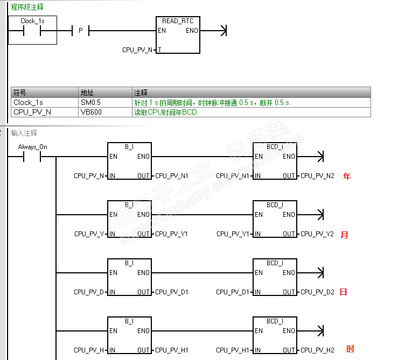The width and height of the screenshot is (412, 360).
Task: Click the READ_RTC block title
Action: pyautogui.click(x=178, y=21)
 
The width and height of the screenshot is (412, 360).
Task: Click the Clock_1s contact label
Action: pyautogui.click(x=32, y=21)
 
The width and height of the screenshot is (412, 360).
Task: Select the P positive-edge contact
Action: pyautogui.click(x=80, y=31)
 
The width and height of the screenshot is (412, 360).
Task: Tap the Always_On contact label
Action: pyautogui.click(x=32, y=147)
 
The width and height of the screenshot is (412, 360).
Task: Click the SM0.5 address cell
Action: pyautogui.click(x=90, y=102)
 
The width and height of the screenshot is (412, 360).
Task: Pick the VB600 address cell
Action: pyautogui.click(x=90, y=112)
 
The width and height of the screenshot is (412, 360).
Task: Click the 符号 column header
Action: pyautogui.click(x=20, y=93)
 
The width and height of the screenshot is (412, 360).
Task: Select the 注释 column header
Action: pyautogui.click(x=141, y=93)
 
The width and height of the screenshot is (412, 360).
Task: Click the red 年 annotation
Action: pyautogui.click(x=346, y=176)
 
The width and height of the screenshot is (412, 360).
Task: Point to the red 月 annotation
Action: pyautogui.click(x=345, y=235)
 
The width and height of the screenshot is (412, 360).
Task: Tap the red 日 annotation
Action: pyautogui.click(x=343, y=292)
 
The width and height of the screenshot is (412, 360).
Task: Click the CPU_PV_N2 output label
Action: pyautogui.click(x=317, y=176)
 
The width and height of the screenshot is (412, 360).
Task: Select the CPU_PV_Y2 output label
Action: pyautogui.click(x=317, y=234)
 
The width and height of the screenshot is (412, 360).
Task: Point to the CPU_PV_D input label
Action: pyautogui.click(x=88, y=292)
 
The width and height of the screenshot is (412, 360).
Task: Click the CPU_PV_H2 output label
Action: pyautogui.click(x=317, y=350)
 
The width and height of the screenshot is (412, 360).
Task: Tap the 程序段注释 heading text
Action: pyautogui.click(x=27, y=8)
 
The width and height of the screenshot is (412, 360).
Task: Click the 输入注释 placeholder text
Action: pyautogui.click(x=24, y=133)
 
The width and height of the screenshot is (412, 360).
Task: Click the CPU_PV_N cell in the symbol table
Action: pyautogui.click(x=32, y=112)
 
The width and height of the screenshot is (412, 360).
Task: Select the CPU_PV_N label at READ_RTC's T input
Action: pyautogui.click(x=138, y=50)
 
